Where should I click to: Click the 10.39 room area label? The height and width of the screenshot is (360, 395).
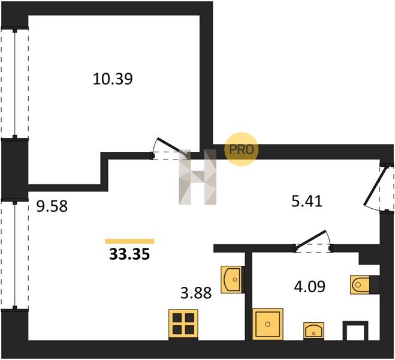pos(113,79)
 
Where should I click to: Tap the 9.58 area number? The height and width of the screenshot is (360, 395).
pos(52,206)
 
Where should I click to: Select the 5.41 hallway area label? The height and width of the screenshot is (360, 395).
pos(307,202)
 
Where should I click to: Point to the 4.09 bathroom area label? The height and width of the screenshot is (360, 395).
pos(310,287)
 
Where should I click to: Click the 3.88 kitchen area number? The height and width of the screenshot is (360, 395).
pos(196,293)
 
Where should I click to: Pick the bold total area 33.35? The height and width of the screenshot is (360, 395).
pos(129,254)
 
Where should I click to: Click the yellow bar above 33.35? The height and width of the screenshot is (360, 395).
pos(129,241)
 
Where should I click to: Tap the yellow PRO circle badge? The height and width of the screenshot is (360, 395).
pos(242,149)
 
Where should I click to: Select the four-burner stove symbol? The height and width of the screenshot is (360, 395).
pos(183,325)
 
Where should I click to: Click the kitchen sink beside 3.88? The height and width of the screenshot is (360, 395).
pos(232,280)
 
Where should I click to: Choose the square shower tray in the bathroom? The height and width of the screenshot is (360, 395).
pos(267,324)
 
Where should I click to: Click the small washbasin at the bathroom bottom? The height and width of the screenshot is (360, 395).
pos(313,331)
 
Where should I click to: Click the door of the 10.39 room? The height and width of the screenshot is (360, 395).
pos(171,149)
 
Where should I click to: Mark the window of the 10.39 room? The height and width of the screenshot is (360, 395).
pos(14,83)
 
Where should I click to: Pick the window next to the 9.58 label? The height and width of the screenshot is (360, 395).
pos(14,255)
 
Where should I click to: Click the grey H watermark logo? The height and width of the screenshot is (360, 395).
pos(198,177)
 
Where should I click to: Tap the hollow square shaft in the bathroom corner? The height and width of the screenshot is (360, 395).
pos(355,331)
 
